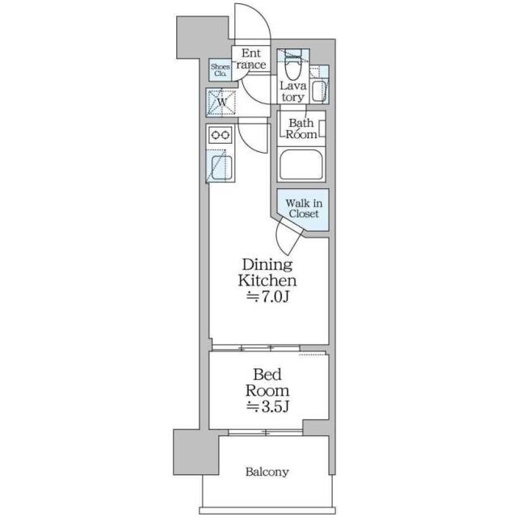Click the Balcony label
(x=267, y=472)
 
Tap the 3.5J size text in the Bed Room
(x=267, y=407)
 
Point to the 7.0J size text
(x=267, y=297)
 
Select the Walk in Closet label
(x=304, y=208)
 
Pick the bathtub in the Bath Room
(x=301, y=165)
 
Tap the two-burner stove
(x=221, y=135)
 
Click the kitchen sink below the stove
(x=221, y=167)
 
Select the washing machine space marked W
(x=222, y=103)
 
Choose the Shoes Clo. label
(x=221, y=70)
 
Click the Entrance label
(x=251, y=59)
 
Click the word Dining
(x=267, y=265)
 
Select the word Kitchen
(x=267, y=280)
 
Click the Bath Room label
(x=301, y=128)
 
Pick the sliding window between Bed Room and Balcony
(x=266, y=432)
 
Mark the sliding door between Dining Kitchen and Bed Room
(x=256, y=347)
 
